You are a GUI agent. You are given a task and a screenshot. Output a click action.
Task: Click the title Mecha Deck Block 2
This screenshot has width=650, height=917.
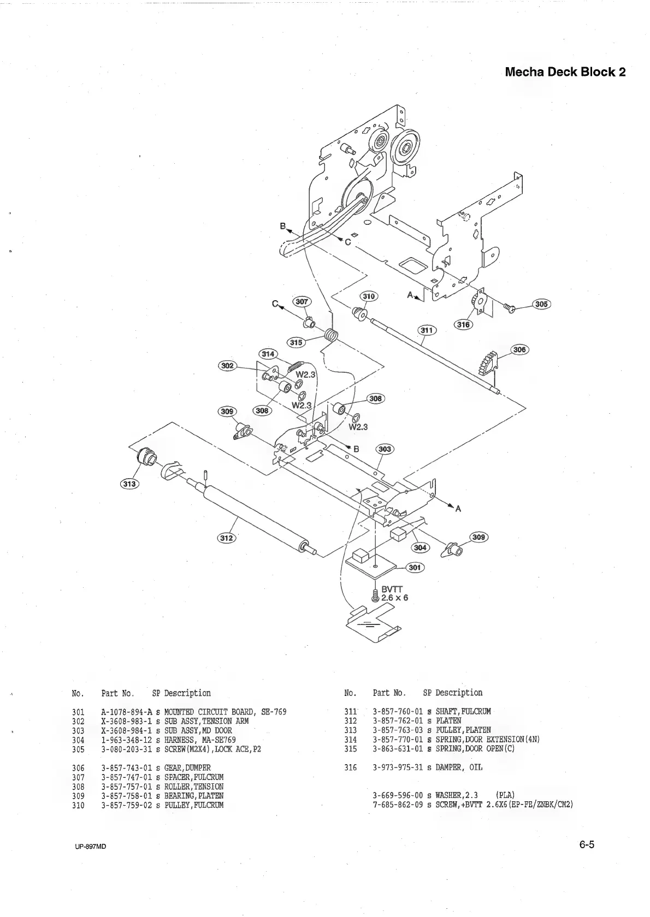pyautogui.click(x=565, y=72)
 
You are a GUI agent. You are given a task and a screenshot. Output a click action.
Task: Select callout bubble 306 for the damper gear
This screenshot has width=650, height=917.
pyautogui.click(x=519, y=349)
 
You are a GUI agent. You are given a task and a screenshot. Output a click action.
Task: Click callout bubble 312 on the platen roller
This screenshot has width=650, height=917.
pyautogui.click(x=226, y=538)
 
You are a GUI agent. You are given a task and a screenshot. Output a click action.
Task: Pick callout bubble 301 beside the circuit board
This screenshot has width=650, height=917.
pyautogui.click(x=415, y=568)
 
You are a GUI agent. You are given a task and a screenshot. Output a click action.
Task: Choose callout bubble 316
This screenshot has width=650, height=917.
pyautogui.click(x=463, y=325)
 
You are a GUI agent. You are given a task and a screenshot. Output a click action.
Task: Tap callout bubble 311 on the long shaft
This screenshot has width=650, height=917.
pyautogui.click(x=427, y=330)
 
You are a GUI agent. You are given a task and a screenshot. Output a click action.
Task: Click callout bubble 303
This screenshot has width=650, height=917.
pyautogui.click(x=385, y=449)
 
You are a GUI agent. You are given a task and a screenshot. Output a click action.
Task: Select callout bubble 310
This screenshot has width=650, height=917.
pyautogui.click(x=370, y=296)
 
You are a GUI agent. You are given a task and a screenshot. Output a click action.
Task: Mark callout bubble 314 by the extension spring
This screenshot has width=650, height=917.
pyautogui.click(x=268, y=354)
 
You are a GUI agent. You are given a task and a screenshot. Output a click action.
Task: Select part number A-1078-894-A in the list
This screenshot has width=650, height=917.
pyautogui.click(x=126, y=712)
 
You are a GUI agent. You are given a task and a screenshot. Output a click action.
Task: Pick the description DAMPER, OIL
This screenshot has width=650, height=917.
pyautogui.click(x=459, y=767)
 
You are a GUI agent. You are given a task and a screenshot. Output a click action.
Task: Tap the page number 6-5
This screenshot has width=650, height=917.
pyautogui.click(x=587, y=845)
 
